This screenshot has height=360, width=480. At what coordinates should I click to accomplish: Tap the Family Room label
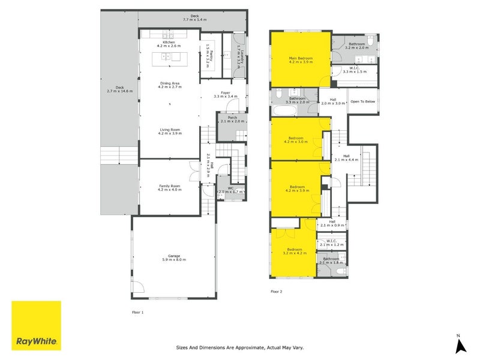(x=170, y=186)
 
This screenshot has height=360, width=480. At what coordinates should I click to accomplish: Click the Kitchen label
(x=169, y=42)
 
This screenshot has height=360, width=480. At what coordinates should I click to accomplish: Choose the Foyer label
(x=226, y=92)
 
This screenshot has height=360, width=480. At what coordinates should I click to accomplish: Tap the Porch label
(x=232, y=118)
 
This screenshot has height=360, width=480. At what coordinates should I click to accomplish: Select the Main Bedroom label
(x=301, y=58)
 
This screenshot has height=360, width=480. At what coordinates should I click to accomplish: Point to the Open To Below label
(x=363, y=101)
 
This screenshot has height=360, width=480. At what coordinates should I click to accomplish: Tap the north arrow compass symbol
(x=460, y=346)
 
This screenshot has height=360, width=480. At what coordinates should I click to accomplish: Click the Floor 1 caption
(x=138, y=313)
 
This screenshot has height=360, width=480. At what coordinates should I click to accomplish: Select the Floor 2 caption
(x=276, y=292)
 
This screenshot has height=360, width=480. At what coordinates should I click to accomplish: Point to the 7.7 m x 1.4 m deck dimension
(x=194, y=20)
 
